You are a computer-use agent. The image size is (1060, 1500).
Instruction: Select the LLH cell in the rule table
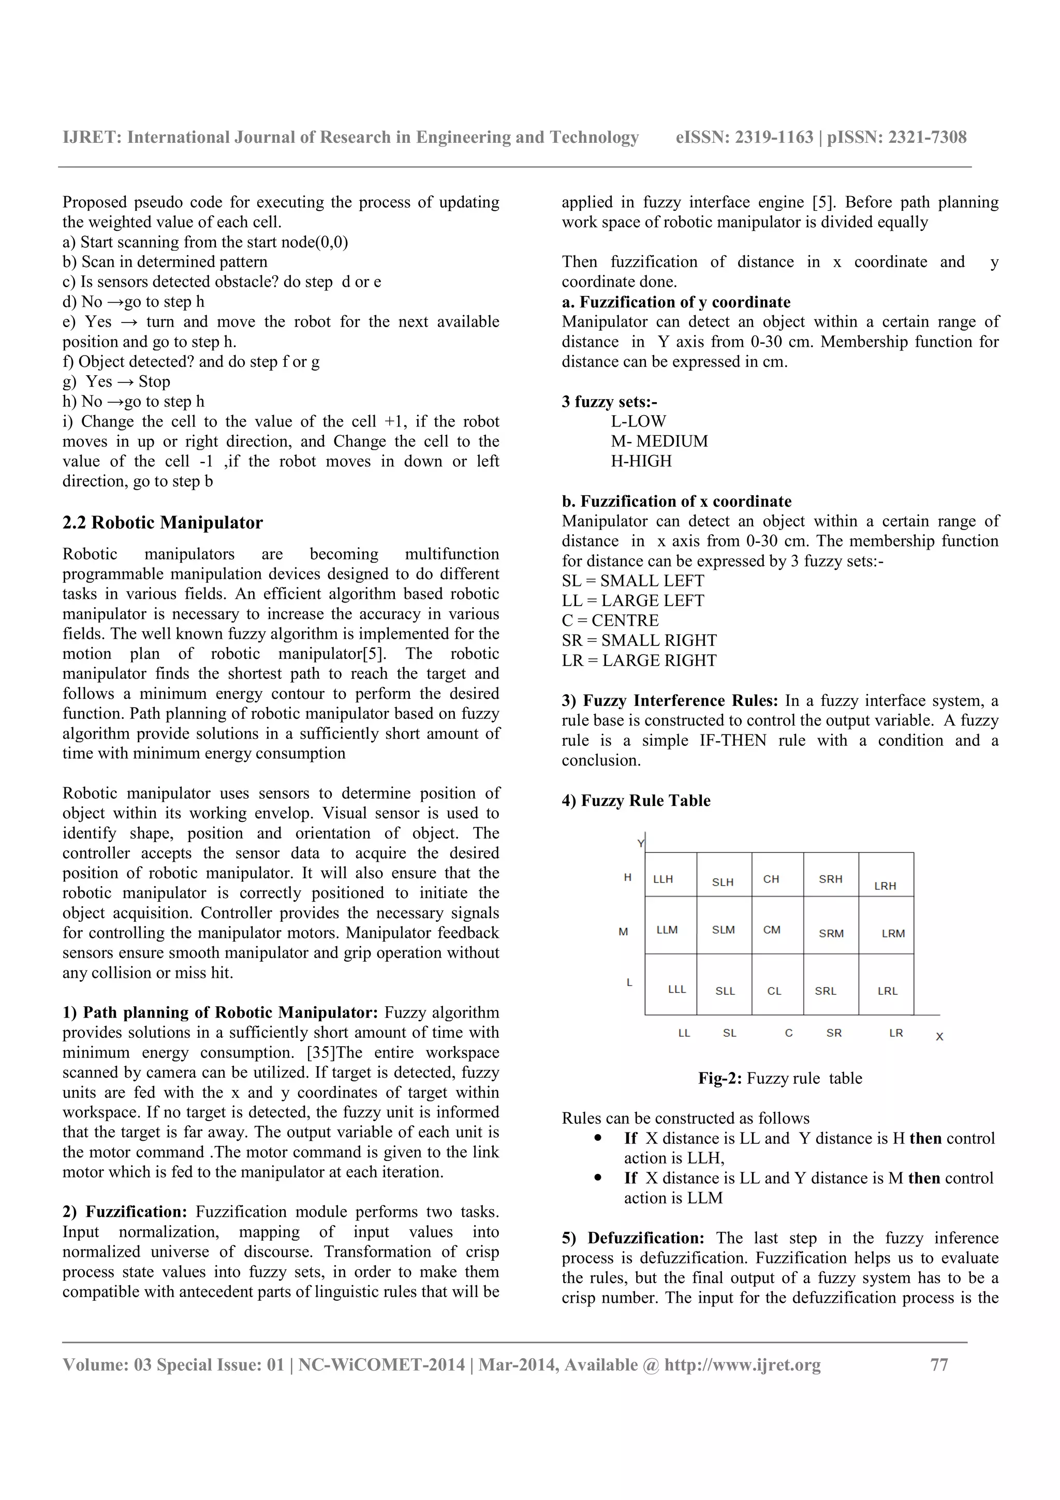click(x=663, y=879)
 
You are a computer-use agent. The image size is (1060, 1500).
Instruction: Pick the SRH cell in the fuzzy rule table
click(x=831, y=879)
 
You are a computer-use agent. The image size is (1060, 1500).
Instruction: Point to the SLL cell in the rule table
click(x=725, y=991)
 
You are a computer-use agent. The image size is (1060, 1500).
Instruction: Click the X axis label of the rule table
click(x=939, y=1037)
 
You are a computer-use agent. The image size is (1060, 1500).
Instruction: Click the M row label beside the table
click(x=623, y=932)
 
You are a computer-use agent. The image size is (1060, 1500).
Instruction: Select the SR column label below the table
click(x=834, y=1033)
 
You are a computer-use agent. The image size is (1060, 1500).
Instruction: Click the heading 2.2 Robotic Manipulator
click(x=163, y=523)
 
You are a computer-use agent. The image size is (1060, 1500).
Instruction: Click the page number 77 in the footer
click(x=938, y=1365)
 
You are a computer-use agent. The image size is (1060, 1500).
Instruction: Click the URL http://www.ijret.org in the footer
click(x=743, y=1365)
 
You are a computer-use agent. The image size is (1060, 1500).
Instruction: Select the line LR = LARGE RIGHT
click(x=639, y=660)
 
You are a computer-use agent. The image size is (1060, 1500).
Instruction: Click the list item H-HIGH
click(x=641, y=461)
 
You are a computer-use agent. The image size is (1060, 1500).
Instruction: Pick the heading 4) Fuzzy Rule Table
click(x=636, y=800)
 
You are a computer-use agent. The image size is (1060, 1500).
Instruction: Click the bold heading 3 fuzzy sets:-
click(x=609, y=402)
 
